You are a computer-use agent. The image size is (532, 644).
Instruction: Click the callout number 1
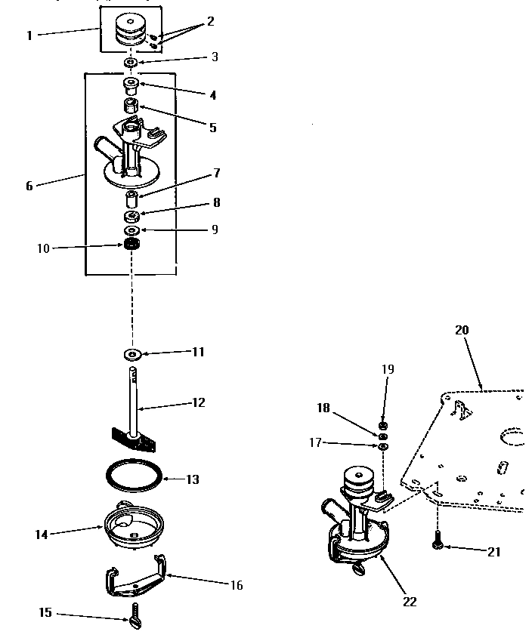(29, 35)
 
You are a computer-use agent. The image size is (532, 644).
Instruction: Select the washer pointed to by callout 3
(131, 61)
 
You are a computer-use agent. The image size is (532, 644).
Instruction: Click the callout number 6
(29, 185)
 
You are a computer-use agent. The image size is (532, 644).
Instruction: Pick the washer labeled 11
(131, 353)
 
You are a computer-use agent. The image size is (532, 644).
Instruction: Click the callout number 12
(198, 402)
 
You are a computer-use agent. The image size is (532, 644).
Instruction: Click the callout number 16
(236, 585)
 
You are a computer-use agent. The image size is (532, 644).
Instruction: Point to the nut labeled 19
(383, 426)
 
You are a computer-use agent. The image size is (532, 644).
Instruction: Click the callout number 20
(462, 330)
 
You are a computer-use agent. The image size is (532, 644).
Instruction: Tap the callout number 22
(409, 601)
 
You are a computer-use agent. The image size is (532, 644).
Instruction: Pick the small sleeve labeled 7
(131, 200)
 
